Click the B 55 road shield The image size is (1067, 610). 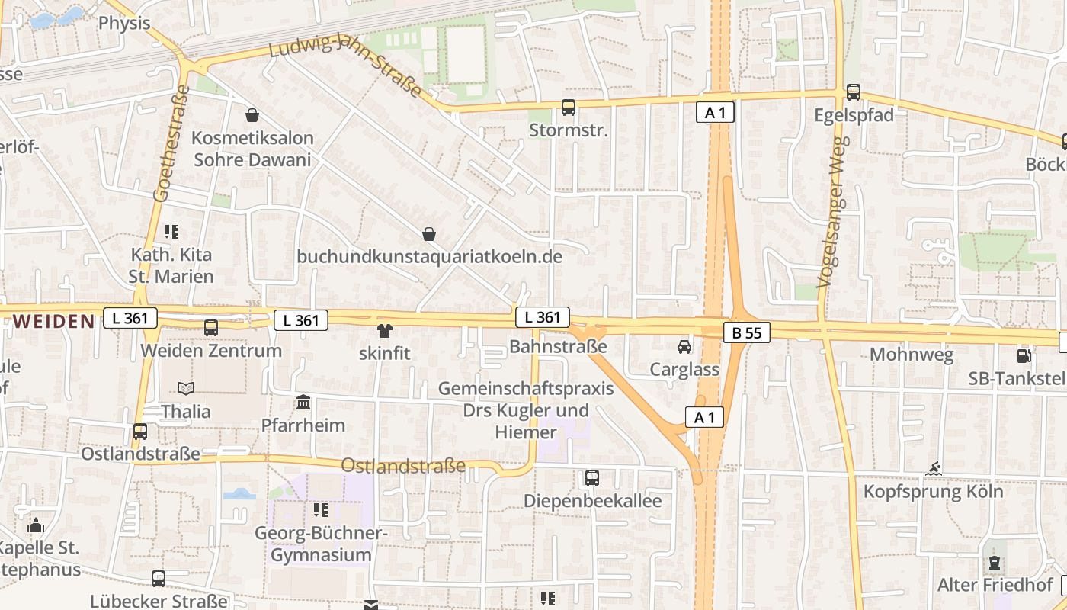[747, 332]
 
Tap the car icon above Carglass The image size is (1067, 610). [684, 347]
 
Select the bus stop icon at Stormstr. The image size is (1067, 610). [569, 108]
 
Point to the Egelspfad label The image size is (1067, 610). [854, 115]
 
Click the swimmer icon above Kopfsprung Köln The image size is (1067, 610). [933, 468]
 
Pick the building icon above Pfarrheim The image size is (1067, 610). [303, 402]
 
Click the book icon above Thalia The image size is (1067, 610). [186, 388]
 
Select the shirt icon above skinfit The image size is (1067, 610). [384, 331]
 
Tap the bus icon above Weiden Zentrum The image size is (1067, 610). [211, 328]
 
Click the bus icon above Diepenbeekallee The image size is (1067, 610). [592, 478]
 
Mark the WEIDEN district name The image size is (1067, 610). [53, 321]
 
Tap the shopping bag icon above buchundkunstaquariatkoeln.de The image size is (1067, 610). [430, 233]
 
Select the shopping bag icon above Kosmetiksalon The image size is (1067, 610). [252, 115]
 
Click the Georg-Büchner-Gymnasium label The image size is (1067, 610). [321, 544]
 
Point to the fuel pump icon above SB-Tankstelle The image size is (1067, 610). [1024, 355]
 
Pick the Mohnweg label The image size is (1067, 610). [902, 355]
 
